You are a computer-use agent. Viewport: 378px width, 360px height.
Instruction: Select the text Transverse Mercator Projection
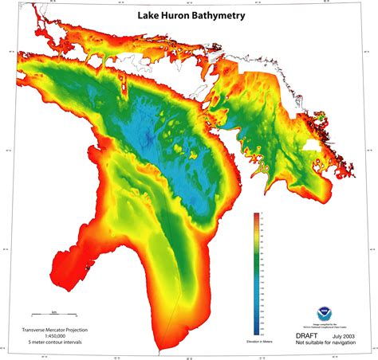[x=55, y=328]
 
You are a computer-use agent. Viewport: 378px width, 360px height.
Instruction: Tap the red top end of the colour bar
[x=256, y=217]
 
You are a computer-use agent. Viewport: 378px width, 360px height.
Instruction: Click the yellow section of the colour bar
[x=256, y=239]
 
